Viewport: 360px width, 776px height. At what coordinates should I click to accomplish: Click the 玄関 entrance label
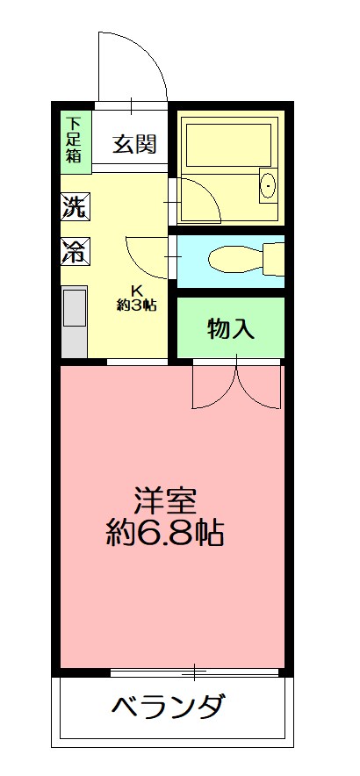point(136,143)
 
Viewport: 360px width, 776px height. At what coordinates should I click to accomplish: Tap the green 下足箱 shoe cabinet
point(72,141)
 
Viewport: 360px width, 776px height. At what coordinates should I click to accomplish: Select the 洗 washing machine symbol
point(74,208)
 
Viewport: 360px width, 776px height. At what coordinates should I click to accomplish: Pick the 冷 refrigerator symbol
point(74,252)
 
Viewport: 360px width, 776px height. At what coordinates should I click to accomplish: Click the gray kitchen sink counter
point(74,321)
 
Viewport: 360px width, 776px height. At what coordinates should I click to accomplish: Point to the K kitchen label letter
point(136,291)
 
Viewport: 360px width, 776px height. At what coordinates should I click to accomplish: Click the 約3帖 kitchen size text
point(136,305)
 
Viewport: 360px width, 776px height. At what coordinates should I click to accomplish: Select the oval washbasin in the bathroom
point(268,185)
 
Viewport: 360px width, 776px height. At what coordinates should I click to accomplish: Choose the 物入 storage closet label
point(231,329)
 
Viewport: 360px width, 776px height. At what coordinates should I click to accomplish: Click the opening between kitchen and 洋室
point(136,361)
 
